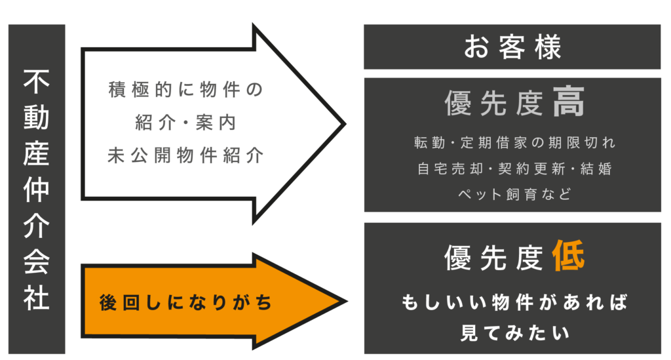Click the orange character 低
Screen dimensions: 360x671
pyautogui.click(x=567, y=256)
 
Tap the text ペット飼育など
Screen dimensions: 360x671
pyautogui.click(x=514, y=194)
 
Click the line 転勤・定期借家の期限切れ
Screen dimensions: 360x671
pyautogui.click(x=514, y=142)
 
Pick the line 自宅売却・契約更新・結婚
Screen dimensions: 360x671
pyautogui.click(x=514, y=169)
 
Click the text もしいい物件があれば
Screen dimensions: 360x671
pyautogui.click(x=514, y=303)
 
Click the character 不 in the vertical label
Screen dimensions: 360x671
pyautogui.click(x=37, y=82)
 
